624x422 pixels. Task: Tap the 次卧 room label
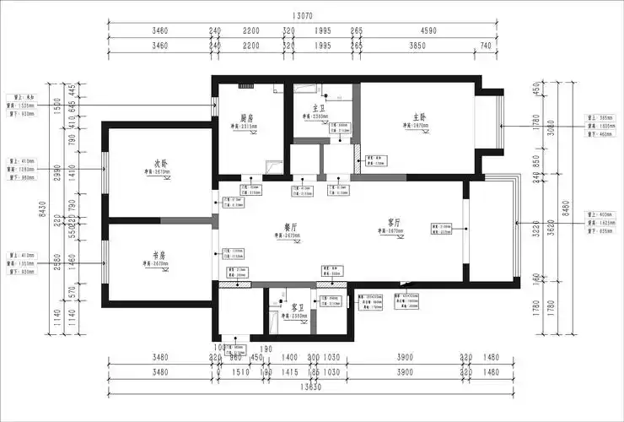coord(162,163)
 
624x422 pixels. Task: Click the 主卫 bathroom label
coord(319,108)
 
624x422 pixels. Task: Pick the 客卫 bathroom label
coord(297,307)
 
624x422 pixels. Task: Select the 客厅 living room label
coord(394,221)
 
